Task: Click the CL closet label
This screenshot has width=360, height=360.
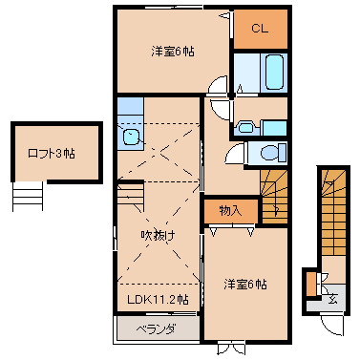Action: [x=260, y=29]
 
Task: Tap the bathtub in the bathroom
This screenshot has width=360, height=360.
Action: [x=274, y=73]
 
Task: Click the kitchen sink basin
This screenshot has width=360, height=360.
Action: [x=131, y=138]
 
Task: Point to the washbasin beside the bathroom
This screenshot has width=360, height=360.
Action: [x=245, y=128]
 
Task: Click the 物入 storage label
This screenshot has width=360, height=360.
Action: [x=230, y=211]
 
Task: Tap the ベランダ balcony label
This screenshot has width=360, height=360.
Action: [x=156, y=329]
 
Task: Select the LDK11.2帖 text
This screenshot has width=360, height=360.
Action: [x=158, y=299]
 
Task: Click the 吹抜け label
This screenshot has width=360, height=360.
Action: [x=158, y=236]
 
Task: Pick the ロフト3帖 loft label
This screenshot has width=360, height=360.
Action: [x=52, y=154]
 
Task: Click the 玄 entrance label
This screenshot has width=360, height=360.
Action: [x=332, y=299]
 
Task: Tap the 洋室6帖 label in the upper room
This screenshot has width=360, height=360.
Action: [x=173, y=52]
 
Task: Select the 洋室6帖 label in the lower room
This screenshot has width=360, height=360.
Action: [x=245, y=285]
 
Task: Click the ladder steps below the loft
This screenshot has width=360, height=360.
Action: [x=28, y=197]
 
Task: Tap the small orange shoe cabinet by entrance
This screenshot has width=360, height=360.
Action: [x=311, y=284]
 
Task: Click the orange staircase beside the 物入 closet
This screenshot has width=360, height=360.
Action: [x=274, y=197]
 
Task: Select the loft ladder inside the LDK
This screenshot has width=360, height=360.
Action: [x=130, y=196]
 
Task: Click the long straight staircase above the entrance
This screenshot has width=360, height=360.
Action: [x=333, y=212]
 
